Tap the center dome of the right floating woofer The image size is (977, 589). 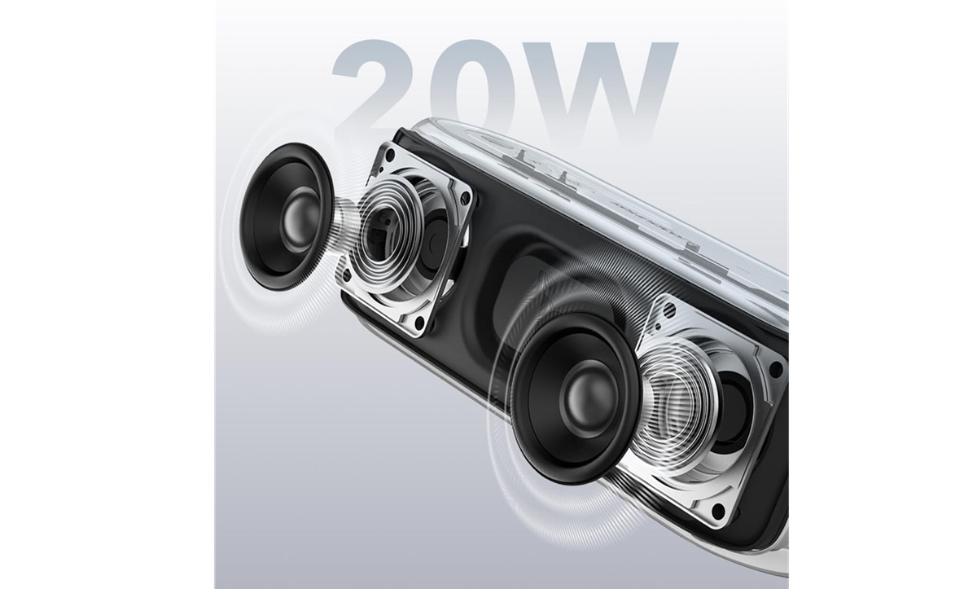click(x=585, y=402)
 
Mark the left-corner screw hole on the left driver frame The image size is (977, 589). click(x=347, y=275)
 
